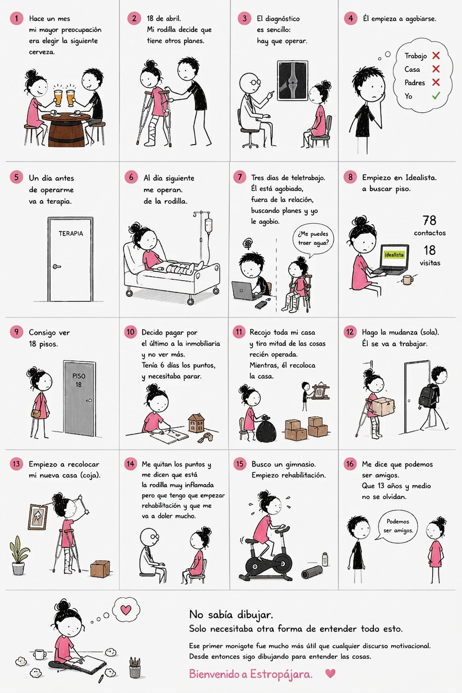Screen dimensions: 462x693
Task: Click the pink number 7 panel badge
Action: point(239,178)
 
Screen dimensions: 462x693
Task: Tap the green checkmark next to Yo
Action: point(436,96)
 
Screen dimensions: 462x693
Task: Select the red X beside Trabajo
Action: point(436,56)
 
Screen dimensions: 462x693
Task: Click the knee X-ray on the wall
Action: point(293,81)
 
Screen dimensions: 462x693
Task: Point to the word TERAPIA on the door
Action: point(71,234)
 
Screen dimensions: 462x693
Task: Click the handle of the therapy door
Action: point(56,266)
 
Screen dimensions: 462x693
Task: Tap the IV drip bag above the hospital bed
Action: point(208,225)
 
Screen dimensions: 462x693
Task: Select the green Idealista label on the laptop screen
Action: point(394,255)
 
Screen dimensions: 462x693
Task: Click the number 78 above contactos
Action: point(429,220)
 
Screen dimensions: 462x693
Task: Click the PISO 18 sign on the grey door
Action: point(79,380)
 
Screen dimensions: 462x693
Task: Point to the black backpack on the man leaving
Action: point(427,396)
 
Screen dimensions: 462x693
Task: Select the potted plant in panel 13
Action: point(19,555)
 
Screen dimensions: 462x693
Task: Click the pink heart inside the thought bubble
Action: point(126,610)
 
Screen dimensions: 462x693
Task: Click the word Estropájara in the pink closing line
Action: point(281,674)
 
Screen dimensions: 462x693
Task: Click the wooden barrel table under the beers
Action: point(66,129)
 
